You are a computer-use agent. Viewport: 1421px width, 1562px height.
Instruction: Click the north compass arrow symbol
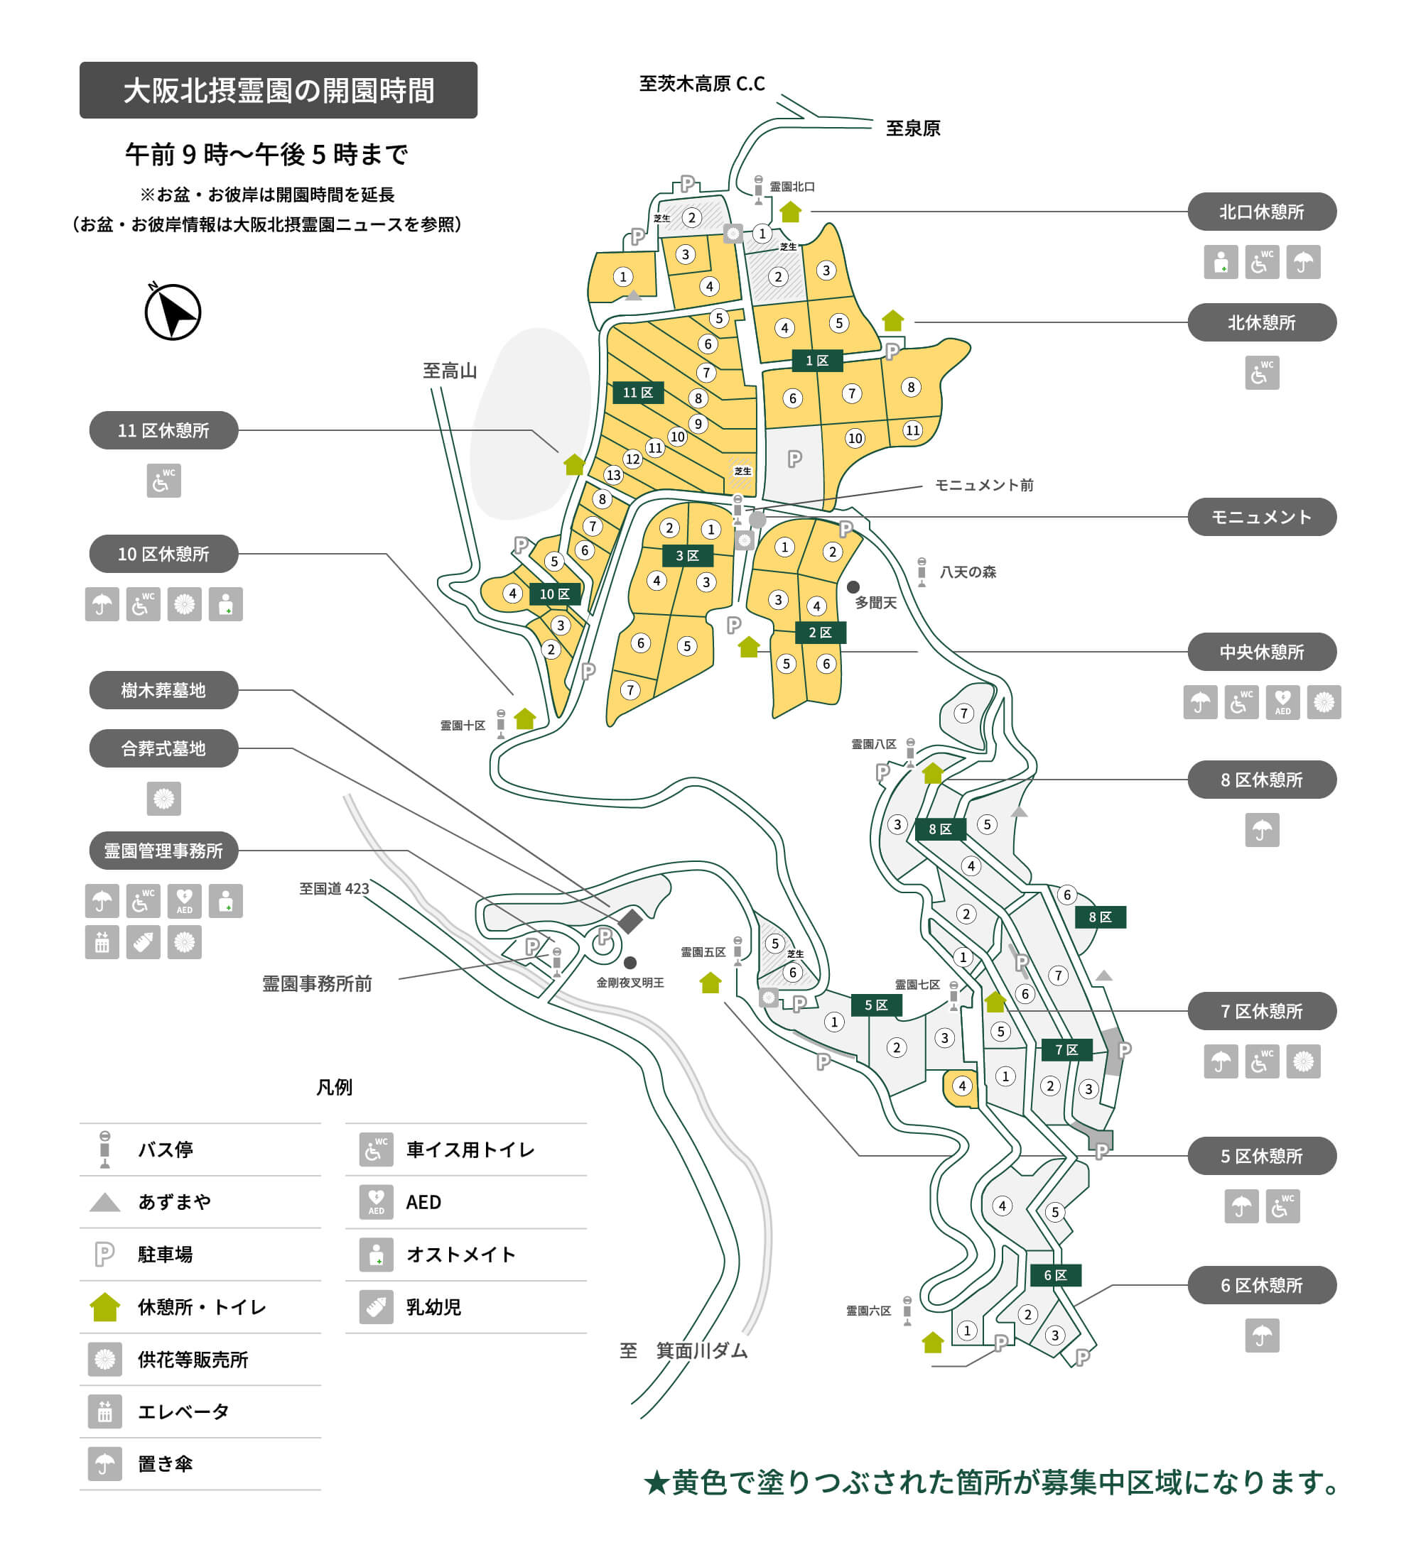173,312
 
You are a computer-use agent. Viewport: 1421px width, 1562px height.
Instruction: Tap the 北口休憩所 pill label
1261,212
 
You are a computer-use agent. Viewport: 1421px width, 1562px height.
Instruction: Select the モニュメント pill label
1261,517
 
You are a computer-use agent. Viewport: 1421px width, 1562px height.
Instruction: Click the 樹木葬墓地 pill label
163,689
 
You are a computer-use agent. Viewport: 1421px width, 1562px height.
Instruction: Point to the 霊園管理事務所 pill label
163,851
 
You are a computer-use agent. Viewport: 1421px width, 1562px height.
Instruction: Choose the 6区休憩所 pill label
1261,1285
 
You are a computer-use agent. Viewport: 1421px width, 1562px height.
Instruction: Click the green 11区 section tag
637,393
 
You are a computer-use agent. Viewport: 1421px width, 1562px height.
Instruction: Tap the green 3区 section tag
687,555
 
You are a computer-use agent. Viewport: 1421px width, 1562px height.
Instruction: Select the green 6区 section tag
1055,1275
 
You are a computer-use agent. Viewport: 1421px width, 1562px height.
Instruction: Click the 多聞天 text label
875,603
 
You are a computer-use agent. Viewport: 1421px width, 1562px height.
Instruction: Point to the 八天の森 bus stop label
968,572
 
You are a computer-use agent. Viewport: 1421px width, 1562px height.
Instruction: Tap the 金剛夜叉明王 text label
630,983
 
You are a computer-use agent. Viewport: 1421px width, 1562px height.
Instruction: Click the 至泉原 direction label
912,129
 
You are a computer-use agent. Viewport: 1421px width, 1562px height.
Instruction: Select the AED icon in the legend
376,1202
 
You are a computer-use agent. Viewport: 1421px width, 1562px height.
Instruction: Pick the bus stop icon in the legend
104,1149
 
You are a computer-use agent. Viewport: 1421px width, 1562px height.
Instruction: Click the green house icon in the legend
104,1307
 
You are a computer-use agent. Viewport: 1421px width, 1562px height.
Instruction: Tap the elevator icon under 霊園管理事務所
102,942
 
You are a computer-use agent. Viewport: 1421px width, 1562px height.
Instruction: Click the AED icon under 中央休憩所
1282,702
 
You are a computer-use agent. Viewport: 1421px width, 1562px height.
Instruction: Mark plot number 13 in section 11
613,475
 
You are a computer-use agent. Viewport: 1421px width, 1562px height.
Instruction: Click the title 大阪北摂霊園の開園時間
279,91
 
